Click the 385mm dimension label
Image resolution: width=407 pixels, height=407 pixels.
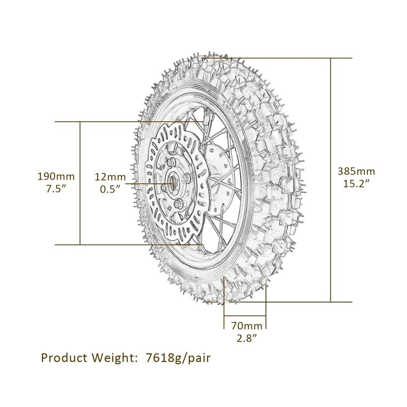click(356, 171)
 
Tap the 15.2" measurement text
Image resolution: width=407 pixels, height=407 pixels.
click(356, 183)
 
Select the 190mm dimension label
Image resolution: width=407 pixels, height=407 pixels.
click(56, 176)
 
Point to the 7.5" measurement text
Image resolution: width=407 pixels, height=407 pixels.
click(56, 188)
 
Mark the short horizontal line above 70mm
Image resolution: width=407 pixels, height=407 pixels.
click(245, 316)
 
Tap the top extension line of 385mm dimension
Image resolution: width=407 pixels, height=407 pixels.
click(297, 58)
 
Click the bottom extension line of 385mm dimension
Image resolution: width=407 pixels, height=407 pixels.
click(297, 302)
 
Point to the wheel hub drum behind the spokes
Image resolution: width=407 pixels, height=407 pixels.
click(220, 182)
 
